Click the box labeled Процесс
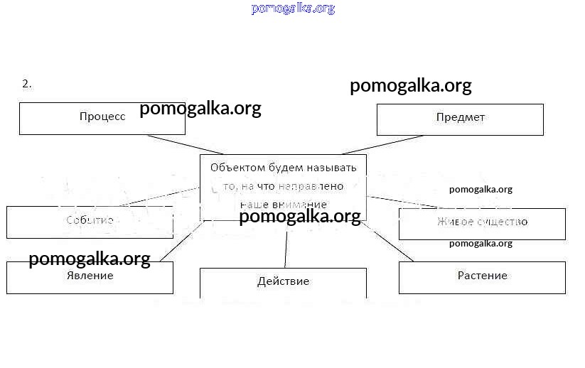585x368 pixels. (x=102, y=118)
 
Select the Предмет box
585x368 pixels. (x=460, y=119)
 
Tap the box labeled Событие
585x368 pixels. (x=90, y=222)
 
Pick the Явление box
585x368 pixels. (x=90, y=277)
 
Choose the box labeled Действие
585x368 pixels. (x=283, y=282)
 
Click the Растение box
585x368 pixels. (x=482, y=277)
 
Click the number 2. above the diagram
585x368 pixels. (x=27, y=84)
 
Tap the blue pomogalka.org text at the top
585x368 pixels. (x=292, y=9)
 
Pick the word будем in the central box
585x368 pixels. (x=281, y=168)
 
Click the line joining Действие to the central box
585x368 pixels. (x=286, y=244)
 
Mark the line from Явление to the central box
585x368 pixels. (x=183, y=242)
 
